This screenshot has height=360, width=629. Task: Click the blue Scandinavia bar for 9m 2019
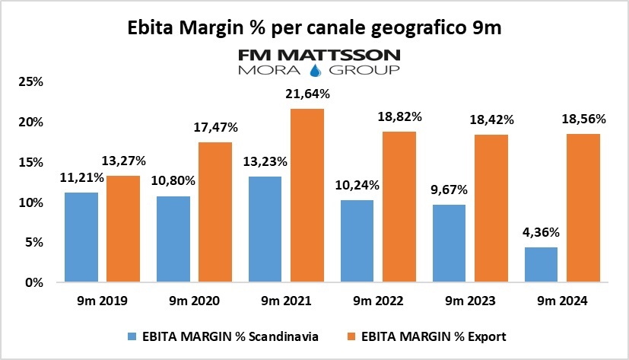(81, 237)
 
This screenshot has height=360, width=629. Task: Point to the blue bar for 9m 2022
(357, 241)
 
